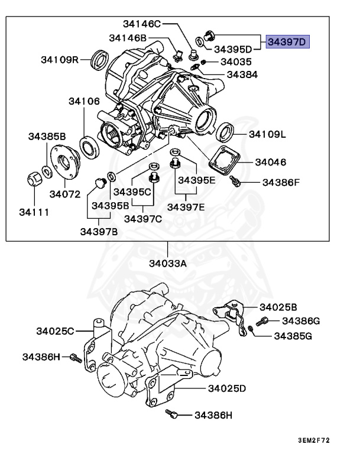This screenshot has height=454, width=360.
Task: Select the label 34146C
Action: point(142,24)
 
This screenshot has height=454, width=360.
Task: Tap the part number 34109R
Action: point(60,59)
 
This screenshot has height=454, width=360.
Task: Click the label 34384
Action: point(242,75)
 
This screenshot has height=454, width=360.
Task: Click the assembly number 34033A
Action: point(167,263)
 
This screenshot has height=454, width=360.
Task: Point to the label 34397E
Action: point(186,206)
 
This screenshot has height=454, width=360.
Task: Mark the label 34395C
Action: point(132,192)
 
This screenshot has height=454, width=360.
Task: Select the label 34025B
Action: point(278,307)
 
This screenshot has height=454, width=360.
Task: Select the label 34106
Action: point(83,102)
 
